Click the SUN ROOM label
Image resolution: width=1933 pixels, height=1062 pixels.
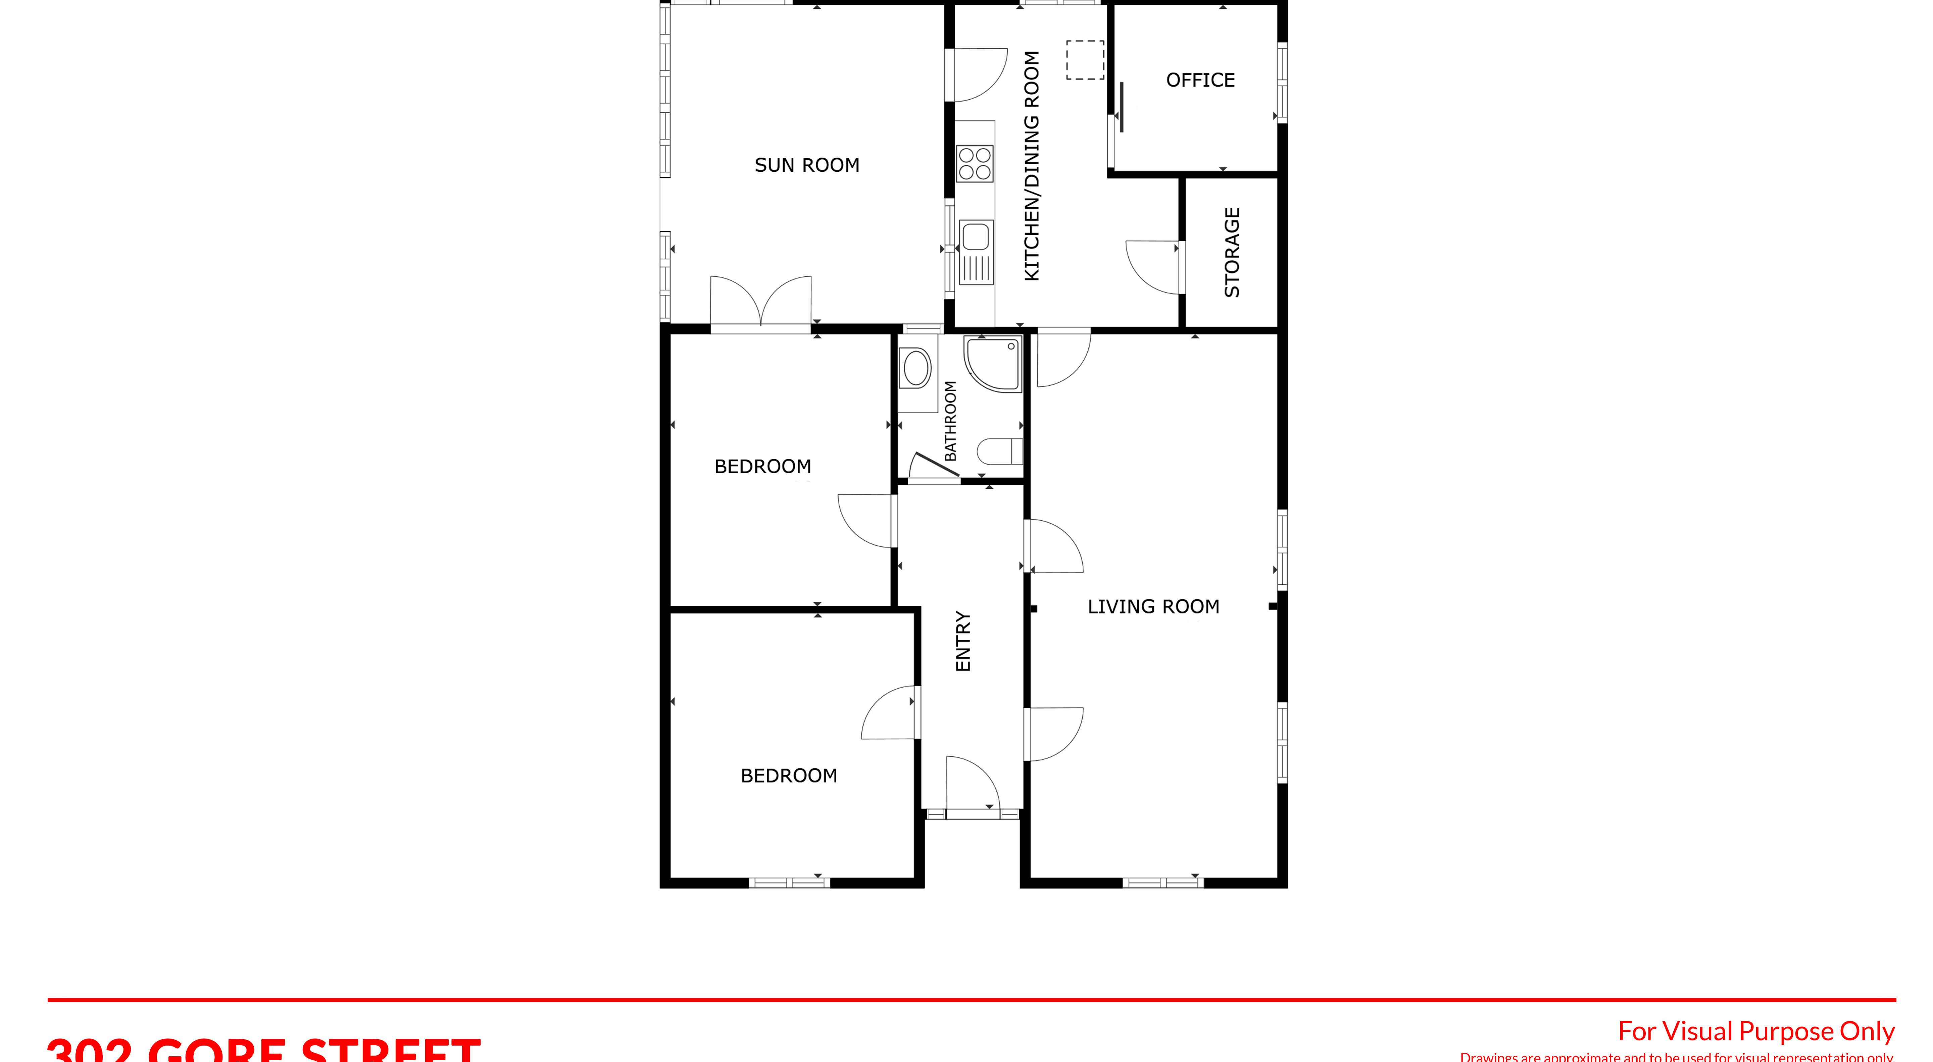(807, 165)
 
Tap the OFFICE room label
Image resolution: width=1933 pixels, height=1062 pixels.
(1200, 80)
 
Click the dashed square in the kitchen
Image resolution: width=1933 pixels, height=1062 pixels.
(1085, 60)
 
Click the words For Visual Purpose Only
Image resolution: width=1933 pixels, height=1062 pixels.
(1756, 1031)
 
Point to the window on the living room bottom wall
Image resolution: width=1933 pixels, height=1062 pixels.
(1163, 883)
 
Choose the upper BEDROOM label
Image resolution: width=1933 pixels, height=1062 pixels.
(762, 467)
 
